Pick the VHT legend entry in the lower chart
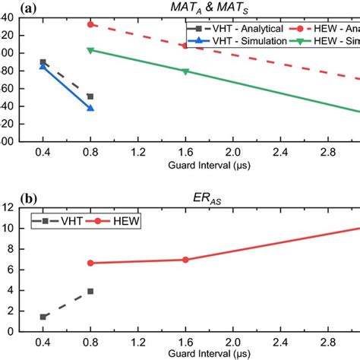tap(58, 220)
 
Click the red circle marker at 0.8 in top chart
tap(90, 24)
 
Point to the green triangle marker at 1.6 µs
tap(185, 71)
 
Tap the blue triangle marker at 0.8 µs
tap(90, 108)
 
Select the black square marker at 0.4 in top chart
tap(43, 62)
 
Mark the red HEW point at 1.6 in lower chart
tap(185, 260)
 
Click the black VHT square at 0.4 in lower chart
tap(43, 317)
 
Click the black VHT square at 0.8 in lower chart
tap(90, 291)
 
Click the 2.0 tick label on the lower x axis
tap(233, 343)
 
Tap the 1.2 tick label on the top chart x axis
tap(137, 153)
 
